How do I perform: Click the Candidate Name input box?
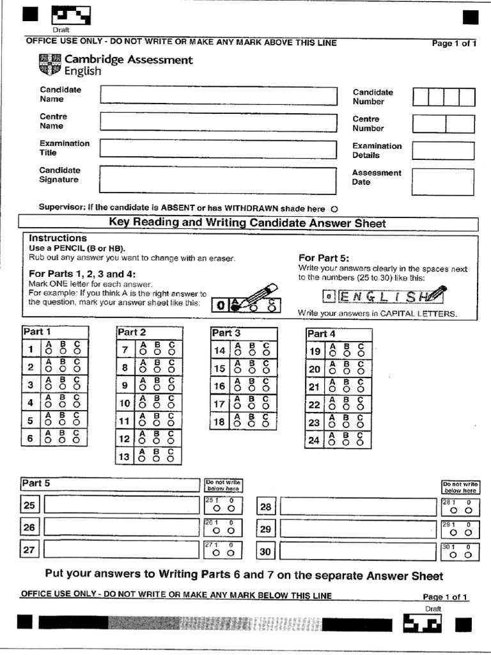pyautogui.click(x=217, y=95)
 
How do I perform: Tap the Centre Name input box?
pyautogui.click(x=217, y=122)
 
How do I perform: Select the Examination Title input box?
pyautogui.click(x=217, y=149)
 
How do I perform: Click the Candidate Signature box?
pyautogui.click(x=217, y=180)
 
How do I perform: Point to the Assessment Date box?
pyautogui.click(x=443, y=182)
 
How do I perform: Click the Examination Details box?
pyautogui.click(x=443, y=151)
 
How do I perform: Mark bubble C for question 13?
pyautogui.click(x=171, y=459)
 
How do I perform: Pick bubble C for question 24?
pyautogui.click(x=361, y=443)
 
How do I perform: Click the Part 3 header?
pyautogui.click(x=226, y=333)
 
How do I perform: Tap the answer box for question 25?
pyautogui.click(x=121, y=505)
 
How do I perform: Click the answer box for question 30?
pyautogui.click(x=357, y=551)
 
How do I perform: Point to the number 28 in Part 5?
pyautogui.click(x=266, y=507)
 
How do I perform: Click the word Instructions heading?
pyautogui.click(x=58, y=238)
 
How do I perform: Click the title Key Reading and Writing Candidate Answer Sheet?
pyautogui.click(x=247, y=223)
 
